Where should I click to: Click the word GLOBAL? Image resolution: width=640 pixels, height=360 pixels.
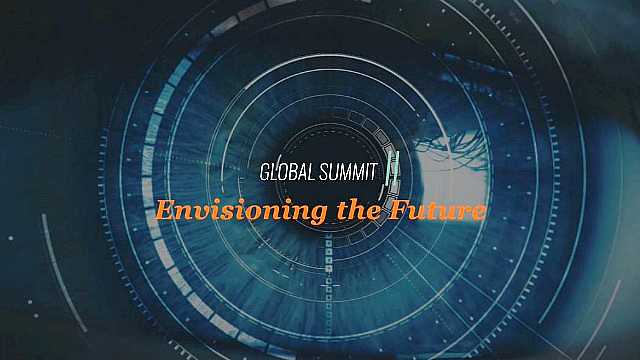286,172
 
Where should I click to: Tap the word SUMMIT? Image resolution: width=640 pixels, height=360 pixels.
348,172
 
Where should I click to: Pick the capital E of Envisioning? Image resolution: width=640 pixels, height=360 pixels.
163,212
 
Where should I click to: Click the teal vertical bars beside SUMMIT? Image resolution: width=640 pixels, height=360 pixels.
393,167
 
